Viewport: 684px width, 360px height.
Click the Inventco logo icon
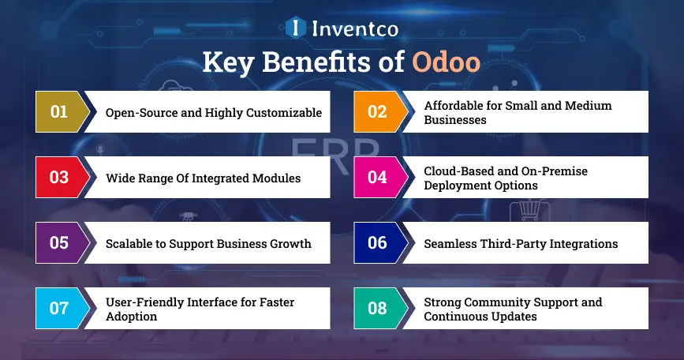295,28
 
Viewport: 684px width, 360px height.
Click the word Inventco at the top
354,29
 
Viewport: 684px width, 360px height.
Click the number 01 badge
59,111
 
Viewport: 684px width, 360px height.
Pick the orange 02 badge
377,111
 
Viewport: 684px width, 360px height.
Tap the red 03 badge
59,177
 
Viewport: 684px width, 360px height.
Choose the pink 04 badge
377,177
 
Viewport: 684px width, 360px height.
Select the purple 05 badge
59,242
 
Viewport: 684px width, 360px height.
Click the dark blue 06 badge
377,242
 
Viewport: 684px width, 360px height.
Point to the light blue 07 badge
59,308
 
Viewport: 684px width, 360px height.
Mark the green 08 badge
377,308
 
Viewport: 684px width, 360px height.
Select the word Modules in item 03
275,178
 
